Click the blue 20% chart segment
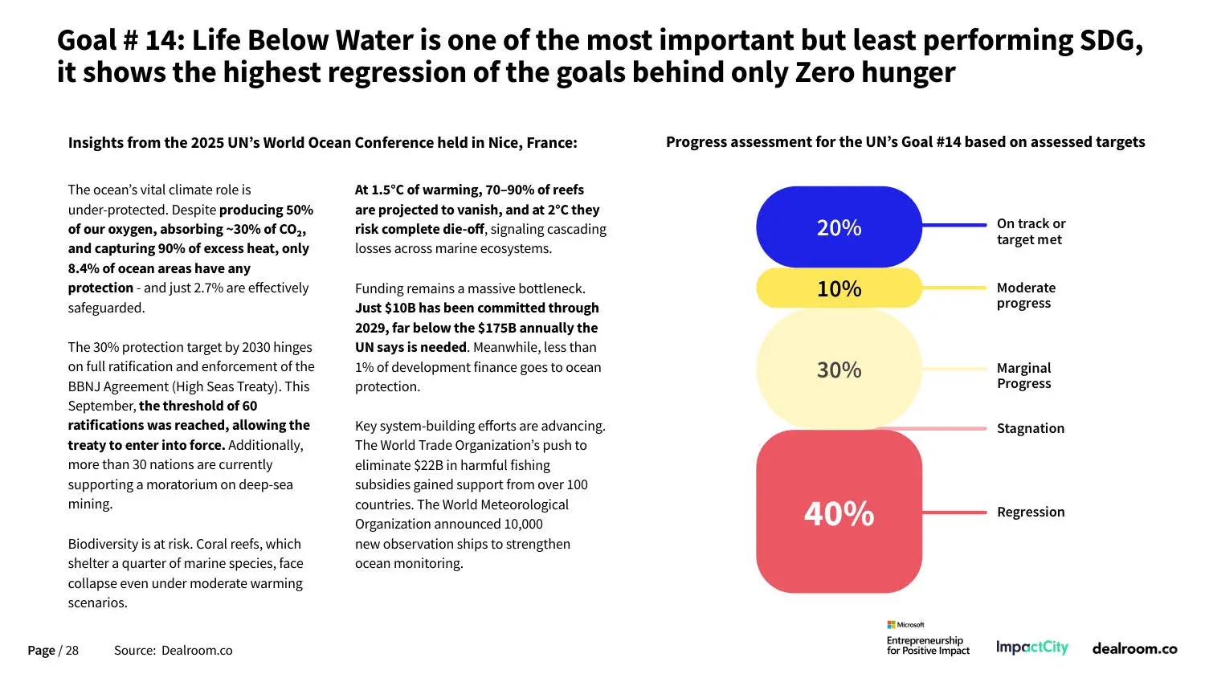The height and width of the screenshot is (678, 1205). pyautogui.click(x=839, y=227)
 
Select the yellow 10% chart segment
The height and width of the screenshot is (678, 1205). pyautogui.click(x=839, y=288)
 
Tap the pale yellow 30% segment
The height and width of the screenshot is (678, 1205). pyautogui.click(x=839, y=370)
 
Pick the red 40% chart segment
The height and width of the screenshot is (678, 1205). pyautogui.click(x=839, y=513)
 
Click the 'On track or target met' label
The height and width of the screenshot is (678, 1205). pyautogui.click(x=1031, y=231)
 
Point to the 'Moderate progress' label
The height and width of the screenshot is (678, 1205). pyautogui.click(x=1026, y=295)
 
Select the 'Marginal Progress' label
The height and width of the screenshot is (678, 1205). pyautogui.click(x=1023, y=375)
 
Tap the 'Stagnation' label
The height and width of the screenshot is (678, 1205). pyautogui.click(x=1030, y=428)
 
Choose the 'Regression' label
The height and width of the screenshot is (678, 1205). pyautogui.click(x=1030, y=512)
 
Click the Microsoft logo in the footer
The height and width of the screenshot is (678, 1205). pyautogui.click(x=905, y=624)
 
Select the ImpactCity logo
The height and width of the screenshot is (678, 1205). pyautogui.click(x=1031, y=647)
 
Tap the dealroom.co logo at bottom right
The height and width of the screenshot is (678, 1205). pyautogui.click(x=1134, y=648)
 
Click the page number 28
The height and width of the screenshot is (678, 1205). pyautogui.click(x=71, y=650)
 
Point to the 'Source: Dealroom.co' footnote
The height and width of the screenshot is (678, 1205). pyautogui.click(x=173, y=650)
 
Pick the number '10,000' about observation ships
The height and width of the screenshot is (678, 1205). pyautogui.click(x=523, y=524)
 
